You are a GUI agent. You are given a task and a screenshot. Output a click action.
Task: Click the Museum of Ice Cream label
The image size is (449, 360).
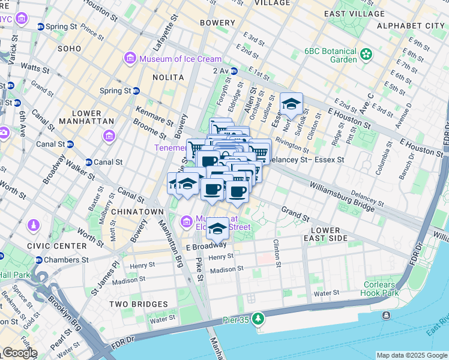pos(180,59)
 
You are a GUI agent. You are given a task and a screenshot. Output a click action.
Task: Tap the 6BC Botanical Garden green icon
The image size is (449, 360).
pos(366,56)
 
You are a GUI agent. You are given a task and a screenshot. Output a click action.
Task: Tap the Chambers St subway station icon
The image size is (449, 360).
pos(40,260)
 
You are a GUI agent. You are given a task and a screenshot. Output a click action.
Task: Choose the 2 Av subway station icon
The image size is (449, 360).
pos(234,71)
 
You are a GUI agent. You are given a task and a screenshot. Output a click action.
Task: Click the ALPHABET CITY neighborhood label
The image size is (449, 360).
pos(411,26)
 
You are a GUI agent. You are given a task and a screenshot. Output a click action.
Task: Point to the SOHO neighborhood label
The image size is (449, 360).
pos(70,48)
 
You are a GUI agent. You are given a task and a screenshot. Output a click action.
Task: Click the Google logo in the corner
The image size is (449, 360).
pos(19,353)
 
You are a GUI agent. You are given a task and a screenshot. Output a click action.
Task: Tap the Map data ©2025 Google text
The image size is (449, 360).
pos(412,355)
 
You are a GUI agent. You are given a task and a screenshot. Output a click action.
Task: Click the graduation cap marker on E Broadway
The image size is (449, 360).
pos(217,229)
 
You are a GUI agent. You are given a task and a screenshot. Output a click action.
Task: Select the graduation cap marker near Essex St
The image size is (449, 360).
pos(291,104)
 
